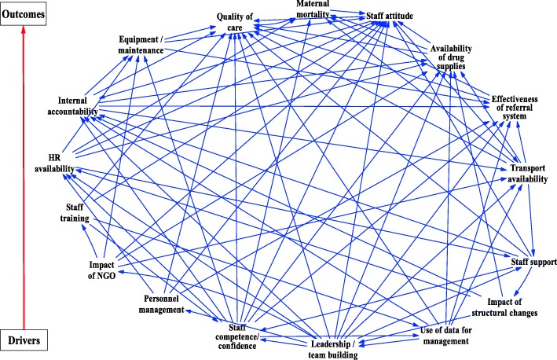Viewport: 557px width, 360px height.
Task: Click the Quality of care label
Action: tap(238, 24)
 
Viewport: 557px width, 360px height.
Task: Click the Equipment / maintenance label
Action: tap(142, 44)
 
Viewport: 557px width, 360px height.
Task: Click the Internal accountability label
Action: tap(76, 107)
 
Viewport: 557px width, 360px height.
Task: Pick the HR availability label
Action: tap(54, 163)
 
